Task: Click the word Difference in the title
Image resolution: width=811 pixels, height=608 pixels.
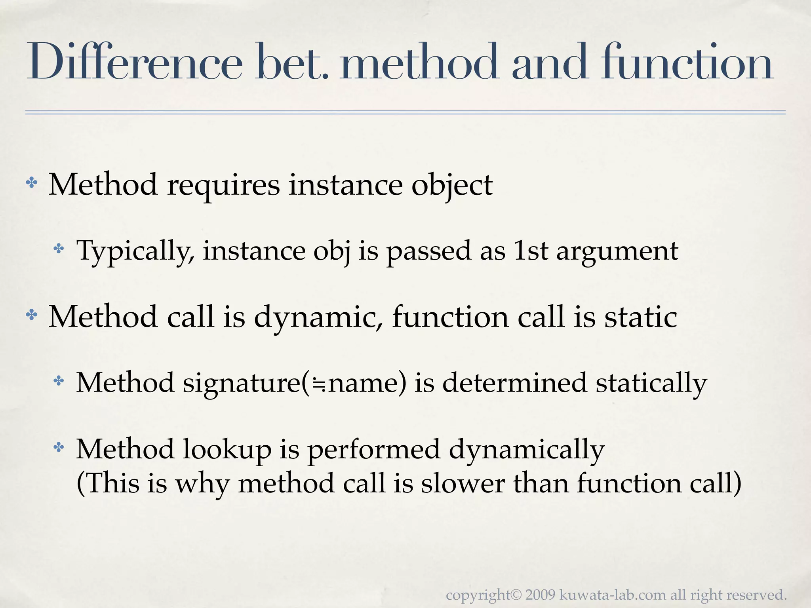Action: (134, 63)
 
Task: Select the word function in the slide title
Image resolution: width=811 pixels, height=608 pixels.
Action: (687, 63)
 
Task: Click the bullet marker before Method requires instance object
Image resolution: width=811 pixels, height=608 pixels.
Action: (31, 183)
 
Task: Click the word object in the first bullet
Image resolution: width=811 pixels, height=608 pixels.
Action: (452, 185)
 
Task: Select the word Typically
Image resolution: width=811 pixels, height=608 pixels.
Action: (135, 251)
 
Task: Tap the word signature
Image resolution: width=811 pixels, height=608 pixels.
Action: (242, 383)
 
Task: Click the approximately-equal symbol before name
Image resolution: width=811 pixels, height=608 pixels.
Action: (318, 384)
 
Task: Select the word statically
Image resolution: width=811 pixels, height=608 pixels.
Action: (651, 383)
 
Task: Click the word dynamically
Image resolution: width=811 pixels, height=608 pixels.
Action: (526, 450)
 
